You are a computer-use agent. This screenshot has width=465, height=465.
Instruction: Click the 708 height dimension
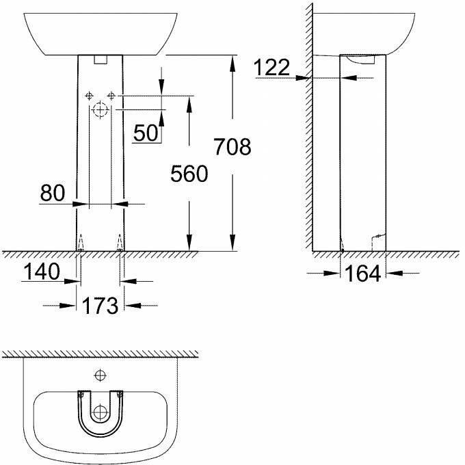[232, 147]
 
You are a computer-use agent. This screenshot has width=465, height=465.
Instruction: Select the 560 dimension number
[189, 174]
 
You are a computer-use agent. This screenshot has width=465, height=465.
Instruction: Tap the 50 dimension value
[146, 133]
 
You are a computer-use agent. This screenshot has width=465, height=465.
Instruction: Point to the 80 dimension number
[53, 192]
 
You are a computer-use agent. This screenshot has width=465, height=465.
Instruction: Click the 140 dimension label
[42, 271]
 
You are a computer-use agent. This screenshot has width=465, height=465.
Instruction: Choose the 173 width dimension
[100, 306]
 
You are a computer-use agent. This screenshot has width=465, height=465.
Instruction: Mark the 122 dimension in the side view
[271, 67]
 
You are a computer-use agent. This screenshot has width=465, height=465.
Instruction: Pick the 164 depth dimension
[363, 274]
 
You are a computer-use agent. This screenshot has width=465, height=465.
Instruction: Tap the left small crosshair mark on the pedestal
[89, 96]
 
